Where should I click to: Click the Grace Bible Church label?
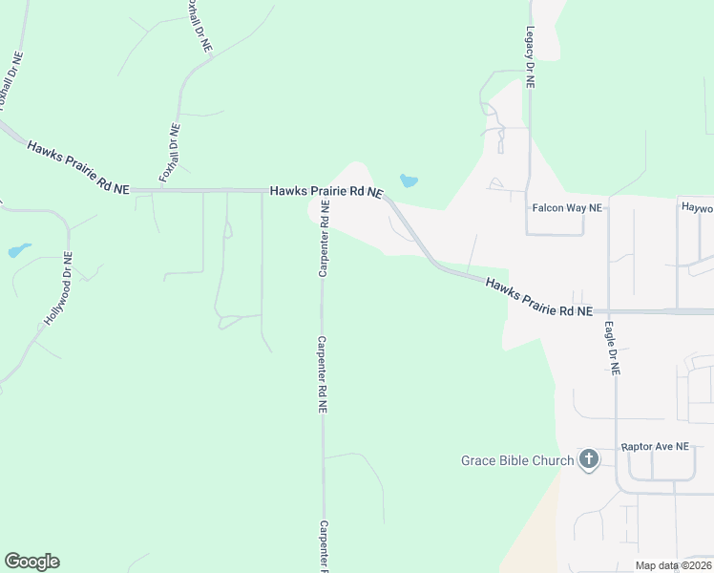(x=517, y=460)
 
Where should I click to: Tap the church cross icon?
(x=589, y=460)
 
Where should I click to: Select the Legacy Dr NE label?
(x=530, y=57)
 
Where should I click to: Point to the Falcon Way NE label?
(x=567, y=207)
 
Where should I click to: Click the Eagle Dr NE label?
(x=611, y=346)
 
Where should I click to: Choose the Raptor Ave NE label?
(x=654, y=446)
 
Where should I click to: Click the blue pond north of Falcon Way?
(x=409, y=180)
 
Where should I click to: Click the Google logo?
(x=31, y=562)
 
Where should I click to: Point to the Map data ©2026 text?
(x=673, y=565)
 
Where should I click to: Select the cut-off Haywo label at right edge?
(x=697, y=207)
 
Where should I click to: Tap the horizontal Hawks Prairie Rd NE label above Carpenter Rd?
(x=326, y=191)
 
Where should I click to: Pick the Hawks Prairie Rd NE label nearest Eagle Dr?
(x=538, y=298)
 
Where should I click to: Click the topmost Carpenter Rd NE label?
(x=324, y=239)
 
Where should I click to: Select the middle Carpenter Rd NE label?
(x=324, y=374)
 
